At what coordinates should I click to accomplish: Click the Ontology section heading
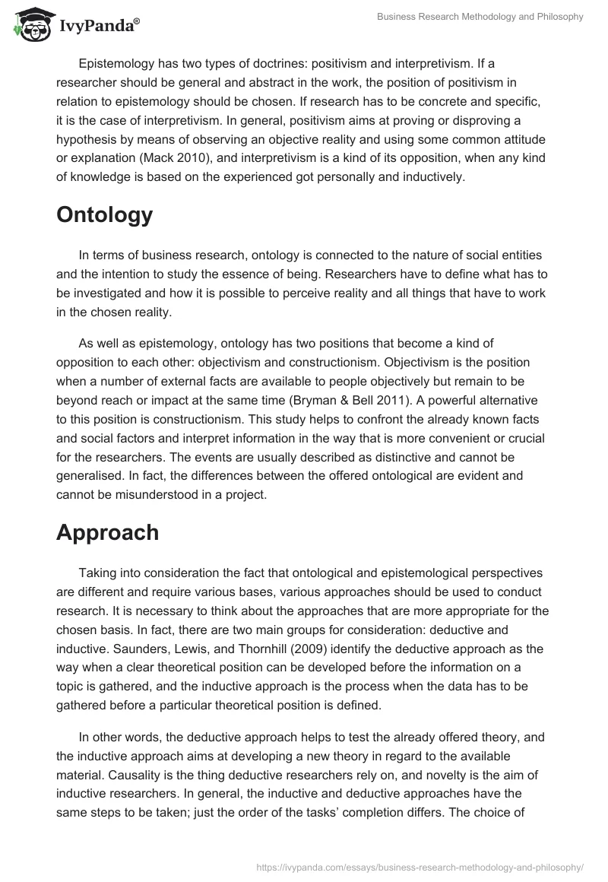coord(104,215)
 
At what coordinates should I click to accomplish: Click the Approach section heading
coord(107,532)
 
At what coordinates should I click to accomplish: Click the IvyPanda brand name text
coord(97,27)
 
